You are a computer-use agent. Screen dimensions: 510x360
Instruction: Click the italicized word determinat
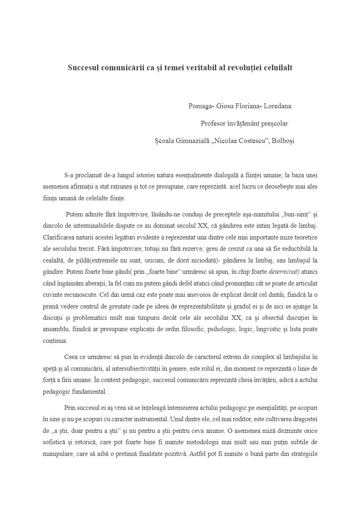tap(282, 271)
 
